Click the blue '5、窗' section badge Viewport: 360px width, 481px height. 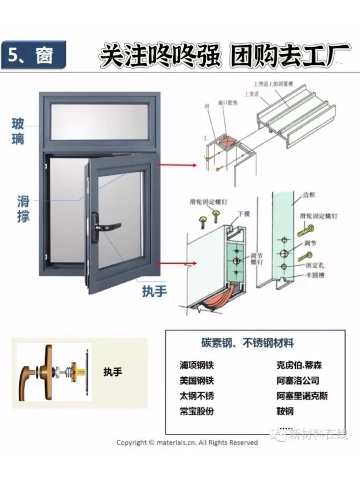(x=33, y=55)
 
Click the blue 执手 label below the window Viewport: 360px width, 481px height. (x=154, y=291)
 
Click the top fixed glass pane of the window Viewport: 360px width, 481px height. (x=99, y=122)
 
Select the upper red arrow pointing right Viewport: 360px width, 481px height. (x=177, y=165)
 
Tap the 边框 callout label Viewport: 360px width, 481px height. (x=309, y=195)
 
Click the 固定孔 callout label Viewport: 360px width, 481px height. (x=315, y=265)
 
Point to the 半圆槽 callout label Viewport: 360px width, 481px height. (x=315, y=275)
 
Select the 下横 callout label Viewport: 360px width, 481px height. (x=243, y=214)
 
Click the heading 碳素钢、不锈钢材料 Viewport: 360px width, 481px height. (x=247, y=343)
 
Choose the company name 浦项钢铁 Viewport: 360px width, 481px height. (x=197, y=365)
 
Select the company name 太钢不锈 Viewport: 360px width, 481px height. (x=197, y=396)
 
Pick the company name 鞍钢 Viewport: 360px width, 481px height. (x=285, y=411)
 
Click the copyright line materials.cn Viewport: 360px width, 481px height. (x=187, y=443)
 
